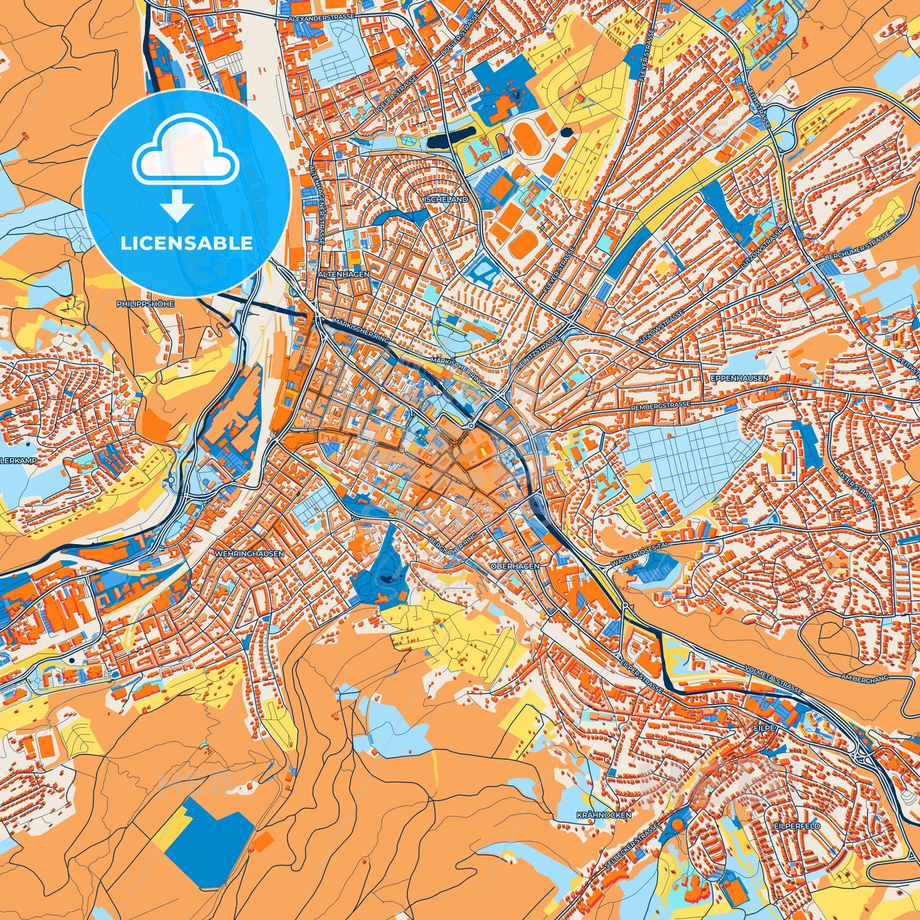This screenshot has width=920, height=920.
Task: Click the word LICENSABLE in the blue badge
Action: [x=187, y=243]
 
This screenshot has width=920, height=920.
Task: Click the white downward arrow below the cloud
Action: [x=178, y=207]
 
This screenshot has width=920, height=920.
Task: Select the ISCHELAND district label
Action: [x=445, y=199]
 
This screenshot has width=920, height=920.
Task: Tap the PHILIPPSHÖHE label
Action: [x=145, y=304]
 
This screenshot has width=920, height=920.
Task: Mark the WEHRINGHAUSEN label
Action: [x=249, y=554]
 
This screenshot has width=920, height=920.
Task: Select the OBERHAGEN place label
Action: [x=515, y=565]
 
